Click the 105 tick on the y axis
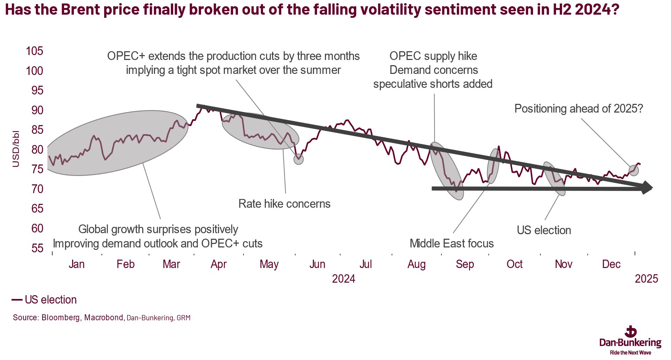(34, 51)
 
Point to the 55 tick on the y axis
(37, 248)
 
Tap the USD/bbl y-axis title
(16, 149)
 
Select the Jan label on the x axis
(76, 264)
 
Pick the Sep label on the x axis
(465, 264)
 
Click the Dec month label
(611, 264)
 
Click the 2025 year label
(646, 279)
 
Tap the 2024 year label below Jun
(344, 279)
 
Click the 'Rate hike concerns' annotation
(284, 204)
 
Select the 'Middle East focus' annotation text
(452, 243)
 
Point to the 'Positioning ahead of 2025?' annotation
(578, 109)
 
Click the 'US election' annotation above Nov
(544, 230)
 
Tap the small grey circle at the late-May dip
(299, 159)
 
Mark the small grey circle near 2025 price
(634, 170)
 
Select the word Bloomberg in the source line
(61, 317)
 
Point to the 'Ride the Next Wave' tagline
(630, 353)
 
